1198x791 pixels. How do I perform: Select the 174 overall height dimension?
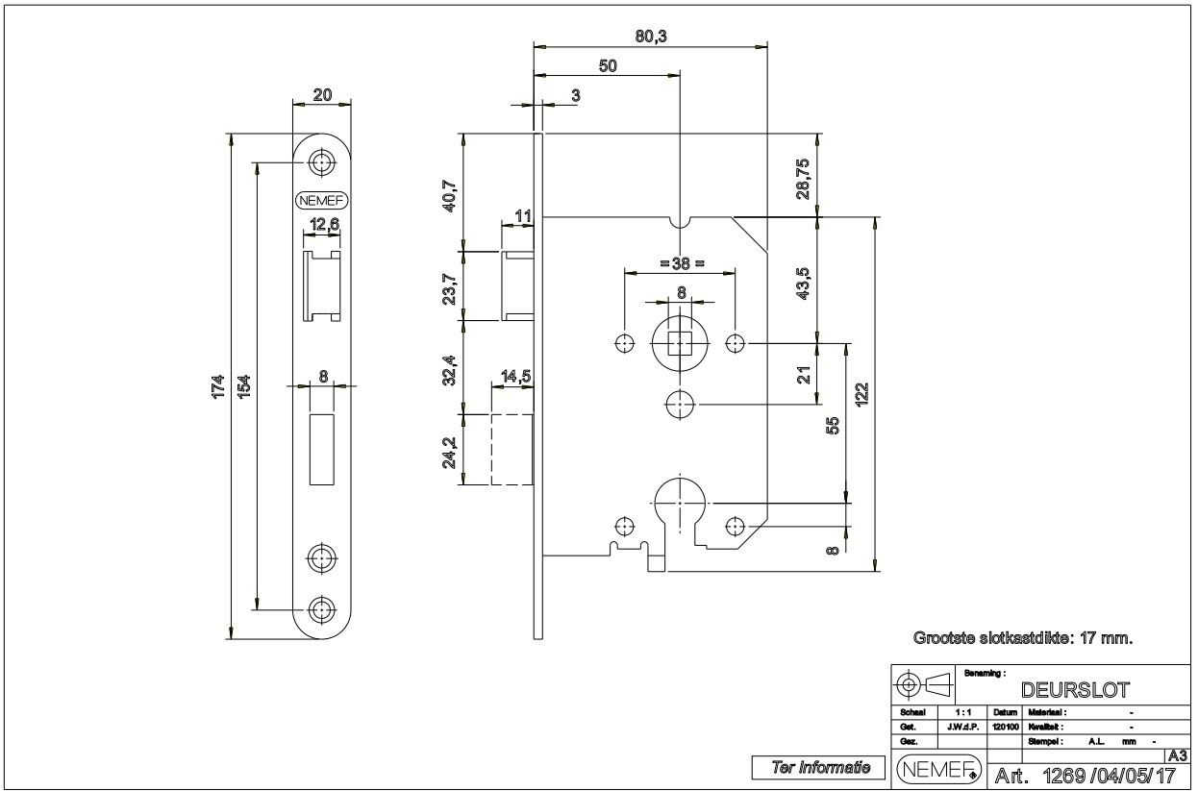click(x=218, y=385)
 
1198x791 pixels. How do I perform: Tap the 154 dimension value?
click(x=244, y=385)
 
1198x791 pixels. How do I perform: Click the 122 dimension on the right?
click(x=861, y=394)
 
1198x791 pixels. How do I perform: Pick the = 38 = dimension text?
click(x=682, y=261)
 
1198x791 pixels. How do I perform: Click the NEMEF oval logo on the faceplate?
click(x=322, y=200)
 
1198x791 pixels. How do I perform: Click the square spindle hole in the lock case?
click(x=680, y=342)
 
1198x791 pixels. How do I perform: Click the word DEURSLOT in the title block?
click(x=1075, y=689)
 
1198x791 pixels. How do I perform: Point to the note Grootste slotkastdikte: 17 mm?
click(x=1022, y=637)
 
